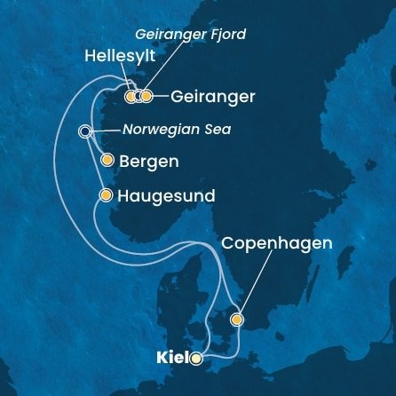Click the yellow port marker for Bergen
click(x=107, y=161)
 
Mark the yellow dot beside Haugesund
click(x=107, y=194)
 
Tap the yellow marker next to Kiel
click(x=196, y=360)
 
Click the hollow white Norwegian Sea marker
click(x=84, y=131)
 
